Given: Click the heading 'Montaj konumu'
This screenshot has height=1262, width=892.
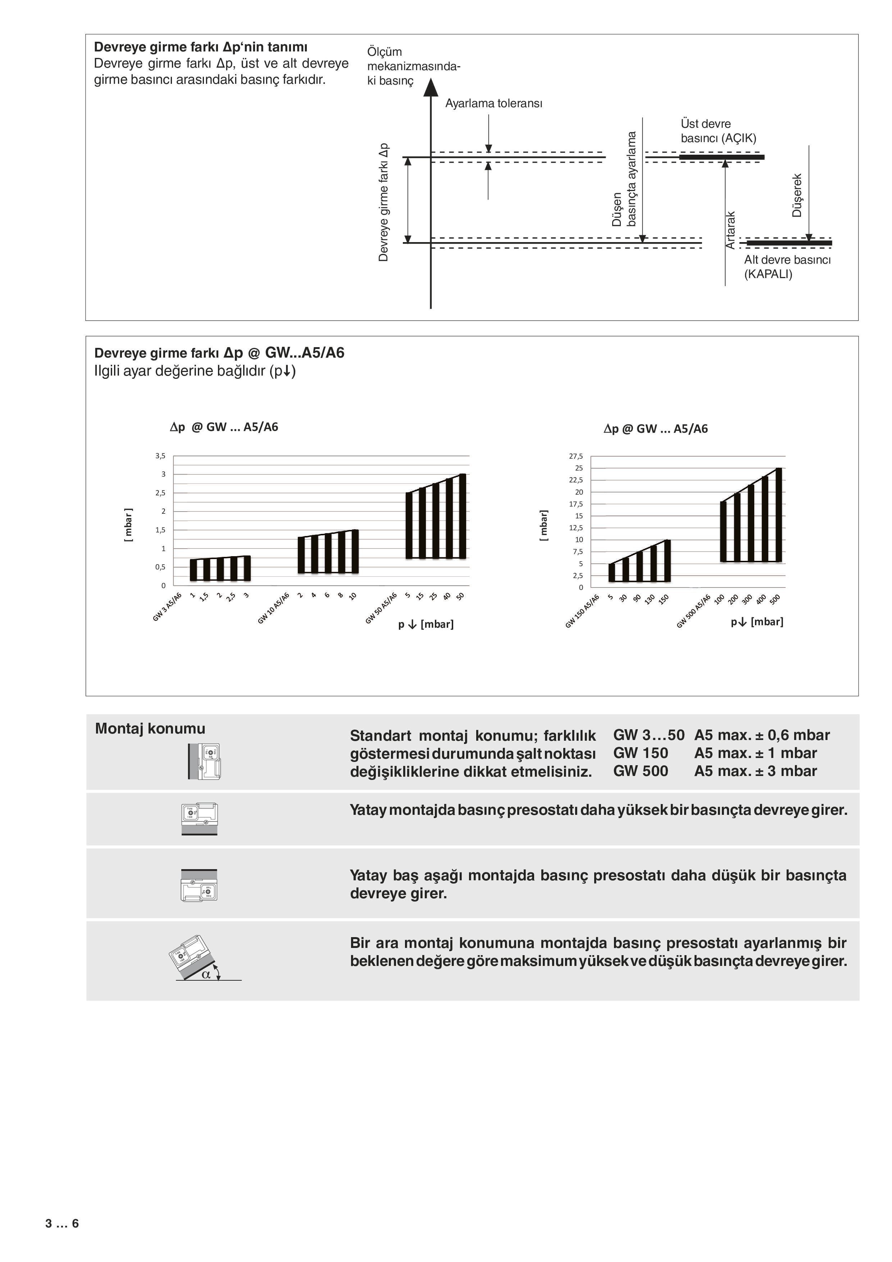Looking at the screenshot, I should [150, 729].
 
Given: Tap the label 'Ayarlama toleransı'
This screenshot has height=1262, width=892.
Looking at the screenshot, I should [493, 103].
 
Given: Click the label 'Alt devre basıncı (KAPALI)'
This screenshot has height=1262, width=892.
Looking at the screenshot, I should [787, 267].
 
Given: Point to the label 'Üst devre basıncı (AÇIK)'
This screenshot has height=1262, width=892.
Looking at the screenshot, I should [718, 131].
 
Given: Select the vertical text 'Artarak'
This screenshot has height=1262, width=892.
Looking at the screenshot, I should [731, 230].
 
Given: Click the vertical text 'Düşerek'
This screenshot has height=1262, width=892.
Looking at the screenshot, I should [797, 195].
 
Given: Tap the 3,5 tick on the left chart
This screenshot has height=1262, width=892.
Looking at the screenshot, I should [160, 456].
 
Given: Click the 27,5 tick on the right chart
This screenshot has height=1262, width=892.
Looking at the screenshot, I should [575, 456].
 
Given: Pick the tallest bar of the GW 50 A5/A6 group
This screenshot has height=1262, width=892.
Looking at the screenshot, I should [462, 516].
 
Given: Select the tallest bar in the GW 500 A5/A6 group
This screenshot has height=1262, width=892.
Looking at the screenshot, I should [778, 515].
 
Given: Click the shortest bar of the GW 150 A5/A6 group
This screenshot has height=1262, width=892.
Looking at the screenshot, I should [612, 572].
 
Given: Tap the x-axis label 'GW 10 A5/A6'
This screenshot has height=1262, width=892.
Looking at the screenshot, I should [273, 608].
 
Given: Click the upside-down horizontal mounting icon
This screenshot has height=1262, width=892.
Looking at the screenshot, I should [199, 885].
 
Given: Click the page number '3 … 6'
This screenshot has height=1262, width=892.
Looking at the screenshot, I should [62, 1224].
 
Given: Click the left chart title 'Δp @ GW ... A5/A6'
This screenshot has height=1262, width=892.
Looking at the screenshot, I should [224, 427].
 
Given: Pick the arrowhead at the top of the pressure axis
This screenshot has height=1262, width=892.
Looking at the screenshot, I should [431, 87].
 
